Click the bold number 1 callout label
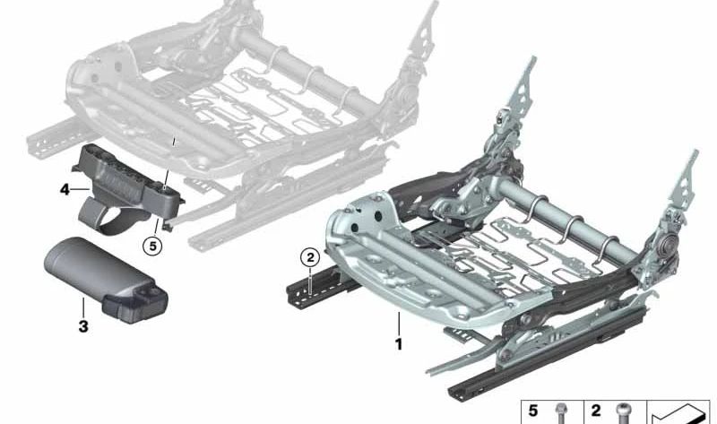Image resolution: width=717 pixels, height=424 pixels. click(399, 344)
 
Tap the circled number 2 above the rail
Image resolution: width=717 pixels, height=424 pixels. click(310, 257)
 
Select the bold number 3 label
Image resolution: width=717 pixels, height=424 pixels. click(83, 326)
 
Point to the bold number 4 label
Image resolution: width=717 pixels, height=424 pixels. click(65, 189)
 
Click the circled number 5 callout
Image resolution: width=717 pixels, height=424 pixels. click(152, 247)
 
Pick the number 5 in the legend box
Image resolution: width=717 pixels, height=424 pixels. click(533, 411)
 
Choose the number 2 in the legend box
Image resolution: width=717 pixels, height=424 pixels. click(596, 411)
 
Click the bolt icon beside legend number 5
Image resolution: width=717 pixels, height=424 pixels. click(560, 413)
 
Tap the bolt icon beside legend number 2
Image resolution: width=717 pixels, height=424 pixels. click(623, 413)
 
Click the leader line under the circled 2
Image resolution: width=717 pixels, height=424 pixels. click(310, 281)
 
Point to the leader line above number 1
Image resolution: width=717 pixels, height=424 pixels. click(399, 324)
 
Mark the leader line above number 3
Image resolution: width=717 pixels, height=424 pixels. click(83, 307)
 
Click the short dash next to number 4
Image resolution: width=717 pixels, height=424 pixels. click(81, 189)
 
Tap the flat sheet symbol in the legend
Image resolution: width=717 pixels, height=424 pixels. click(680, 413)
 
